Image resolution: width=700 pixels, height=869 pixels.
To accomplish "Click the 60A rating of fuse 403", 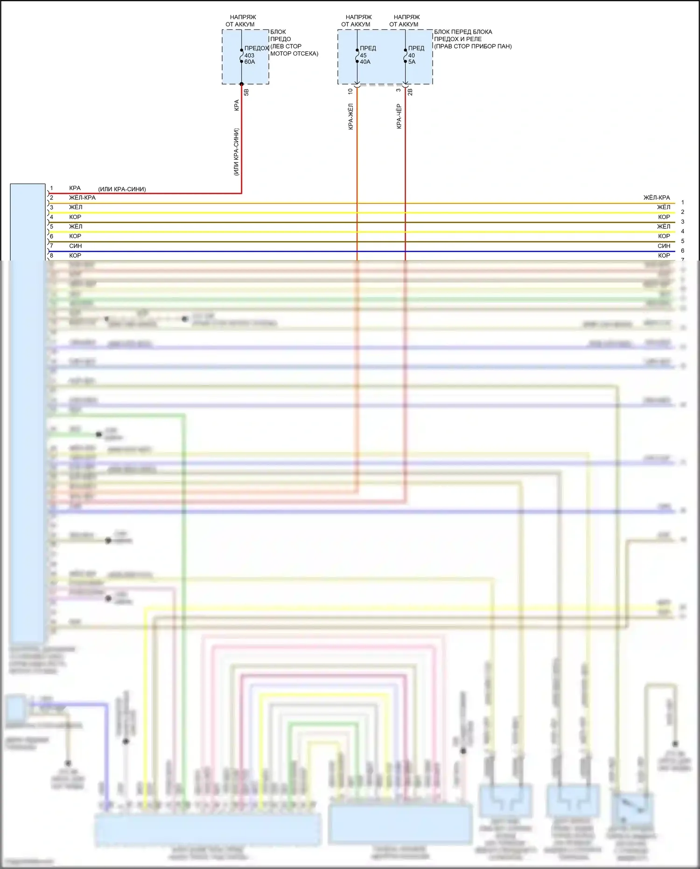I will (250, 62).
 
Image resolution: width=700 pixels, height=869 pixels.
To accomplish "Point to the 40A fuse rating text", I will (365, 62).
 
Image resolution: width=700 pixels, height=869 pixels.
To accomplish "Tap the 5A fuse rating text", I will (412, 62).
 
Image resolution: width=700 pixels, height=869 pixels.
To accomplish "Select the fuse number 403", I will (249, 56).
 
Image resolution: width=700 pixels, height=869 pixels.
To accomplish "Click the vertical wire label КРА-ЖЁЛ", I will (351, 116).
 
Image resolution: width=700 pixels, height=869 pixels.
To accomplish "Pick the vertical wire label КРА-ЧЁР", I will (399, 116).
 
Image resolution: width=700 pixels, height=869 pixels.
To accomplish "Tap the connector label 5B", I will (246, 92).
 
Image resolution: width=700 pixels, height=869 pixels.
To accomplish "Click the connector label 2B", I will (410, 92).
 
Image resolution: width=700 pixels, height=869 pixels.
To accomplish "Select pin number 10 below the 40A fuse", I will (350, 92).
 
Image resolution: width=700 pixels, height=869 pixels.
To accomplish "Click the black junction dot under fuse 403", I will (242, 84).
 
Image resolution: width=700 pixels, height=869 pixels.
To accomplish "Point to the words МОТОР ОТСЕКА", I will (294, 54).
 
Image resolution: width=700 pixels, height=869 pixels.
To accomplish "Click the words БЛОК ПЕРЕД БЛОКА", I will (463, 32).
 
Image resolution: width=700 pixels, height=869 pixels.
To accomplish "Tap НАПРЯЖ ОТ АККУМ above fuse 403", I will (241, 21).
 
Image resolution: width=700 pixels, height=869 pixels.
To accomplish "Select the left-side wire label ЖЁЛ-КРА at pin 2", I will (82, 198).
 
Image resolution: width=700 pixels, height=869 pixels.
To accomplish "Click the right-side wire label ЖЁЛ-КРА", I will (657, 198).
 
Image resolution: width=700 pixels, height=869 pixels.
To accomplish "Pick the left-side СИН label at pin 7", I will (75, 246).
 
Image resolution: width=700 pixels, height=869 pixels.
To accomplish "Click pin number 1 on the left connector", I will (52, 188).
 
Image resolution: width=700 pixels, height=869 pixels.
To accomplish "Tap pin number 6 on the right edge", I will (682, 251).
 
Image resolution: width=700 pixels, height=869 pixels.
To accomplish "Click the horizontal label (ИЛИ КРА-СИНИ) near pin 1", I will (122, 190).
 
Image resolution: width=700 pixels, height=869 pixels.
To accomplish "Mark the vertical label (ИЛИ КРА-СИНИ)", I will (237, 152).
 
